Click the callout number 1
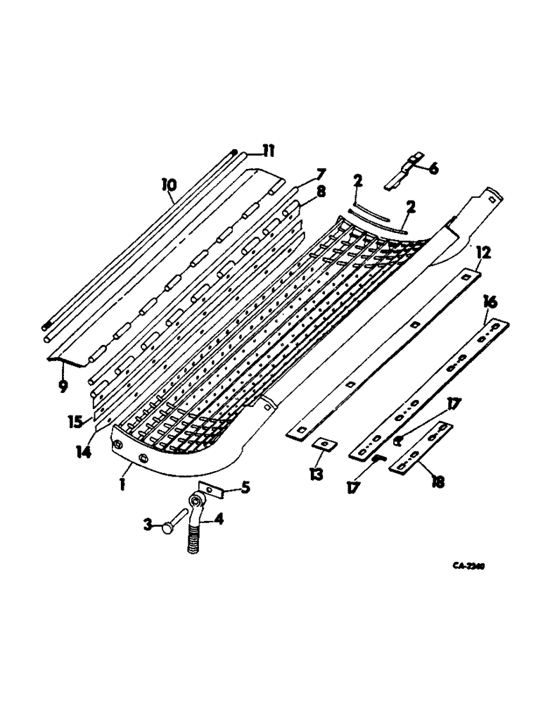coord(122,485)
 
